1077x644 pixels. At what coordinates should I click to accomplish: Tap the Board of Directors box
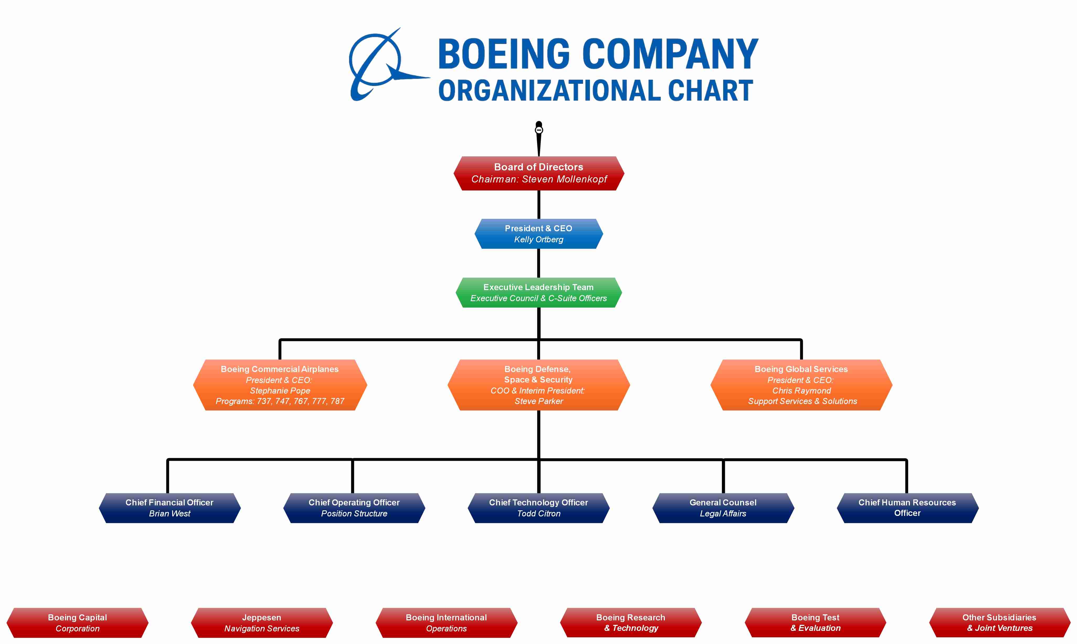pyautogui.click(x=538, y=173)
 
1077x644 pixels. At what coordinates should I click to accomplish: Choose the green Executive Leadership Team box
pyautogui.click(x=538, y=292)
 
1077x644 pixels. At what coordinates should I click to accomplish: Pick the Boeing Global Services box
pyautogui.click(x=801, y=385)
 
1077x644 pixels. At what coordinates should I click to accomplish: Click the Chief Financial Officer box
pyautogui.click(x=169, y=508)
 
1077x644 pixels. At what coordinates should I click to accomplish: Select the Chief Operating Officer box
pyautogui.click(x=354, y=508)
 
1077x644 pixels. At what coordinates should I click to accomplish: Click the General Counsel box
pyautogui.click(x=723, y=508)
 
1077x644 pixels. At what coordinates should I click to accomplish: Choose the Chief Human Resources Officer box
pyautogui.click(x=907, y=508)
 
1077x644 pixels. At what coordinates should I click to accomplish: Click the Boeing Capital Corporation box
pyautogui.click(x=78, y=623)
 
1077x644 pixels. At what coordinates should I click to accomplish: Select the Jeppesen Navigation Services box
pyautogui.click(x=262, y=623)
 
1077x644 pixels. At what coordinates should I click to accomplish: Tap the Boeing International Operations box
pyautogui.click(x=446, y=623)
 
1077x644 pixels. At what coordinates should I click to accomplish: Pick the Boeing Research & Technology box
pyautogui.click(x=630, y=623)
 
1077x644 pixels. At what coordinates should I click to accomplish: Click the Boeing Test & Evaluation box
pyautogui.click(x=815, y=623)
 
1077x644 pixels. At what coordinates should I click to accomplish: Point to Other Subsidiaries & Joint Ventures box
pyautogui.click(x=999, y=623)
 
